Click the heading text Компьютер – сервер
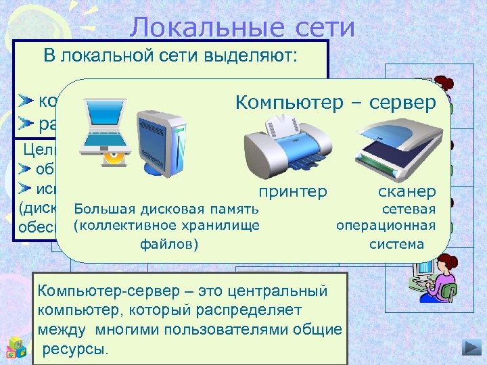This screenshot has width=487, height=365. [337, 103]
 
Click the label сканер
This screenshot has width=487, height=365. [407, 192]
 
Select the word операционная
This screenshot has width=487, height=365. [386, 224]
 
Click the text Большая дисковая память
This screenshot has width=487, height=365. [166, 208]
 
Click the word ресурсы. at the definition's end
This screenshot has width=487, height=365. [74, 349]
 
